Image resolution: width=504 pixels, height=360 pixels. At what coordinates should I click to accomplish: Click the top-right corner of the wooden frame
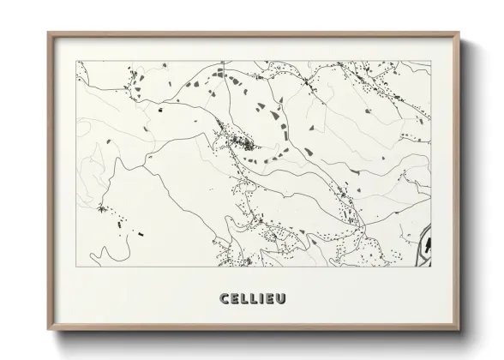click(x=461, y=33)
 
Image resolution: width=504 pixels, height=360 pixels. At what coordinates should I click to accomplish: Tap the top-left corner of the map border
click(x=76, y=60)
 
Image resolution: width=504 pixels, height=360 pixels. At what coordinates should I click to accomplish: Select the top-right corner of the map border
click(x=429, y=60)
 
